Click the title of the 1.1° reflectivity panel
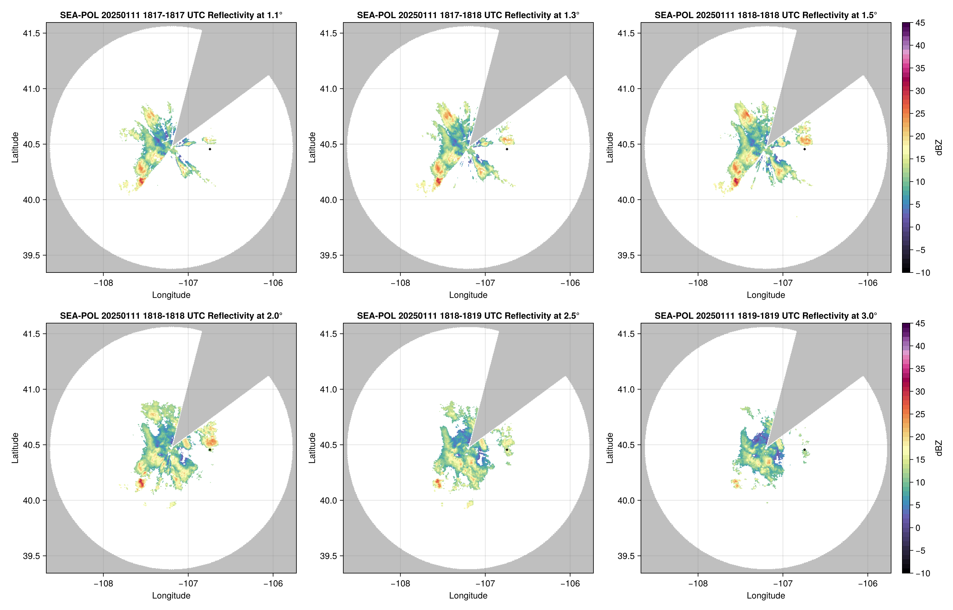coord(171,15)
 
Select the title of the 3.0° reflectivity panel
coord(766,316)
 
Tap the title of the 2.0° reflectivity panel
coord(171,316)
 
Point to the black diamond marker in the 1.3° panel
coord(507,149)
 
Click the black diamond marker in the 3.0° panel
coord(804,450)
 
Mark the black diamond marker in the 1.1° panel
coord(209,149)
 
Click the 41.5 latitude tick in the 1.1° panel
coord(32,33)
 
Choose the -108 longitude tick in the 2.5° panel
coord(400,583)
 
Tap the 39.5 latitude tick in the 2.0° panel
coord(32,556)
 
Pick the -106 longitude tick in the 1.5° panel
coord(867,283)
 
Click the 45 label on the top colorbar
coord(920,23)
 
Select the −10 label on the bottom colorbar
coord(922,573)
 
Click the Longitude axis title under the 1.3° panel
coord(468,295)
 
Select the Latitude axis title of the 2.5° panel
coord(312,448)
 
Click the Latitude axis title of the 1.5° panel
coord(610,147)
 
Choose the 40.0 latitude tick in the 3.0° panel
coord(626,500)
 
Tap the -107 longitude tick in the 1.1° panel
coord(188,283)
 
